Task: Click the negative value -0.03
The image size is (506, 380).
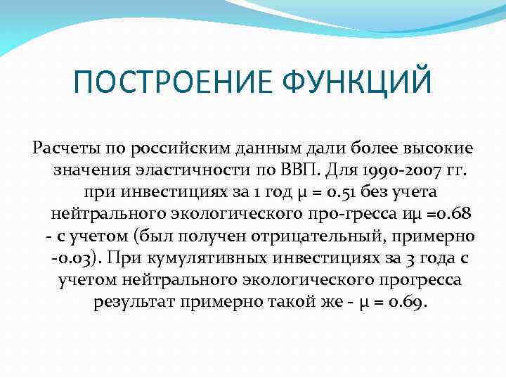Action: pos(75,258)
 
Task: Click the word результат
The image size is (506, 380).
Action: pos(134,301)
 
